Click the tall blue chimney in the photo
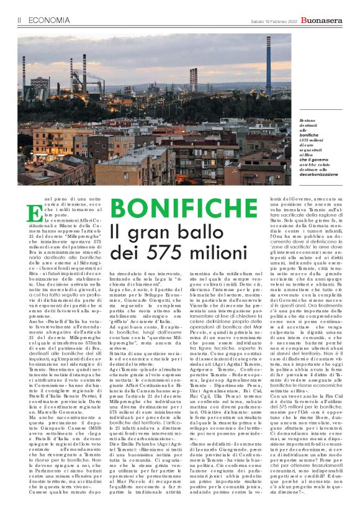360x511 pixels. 268,67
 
